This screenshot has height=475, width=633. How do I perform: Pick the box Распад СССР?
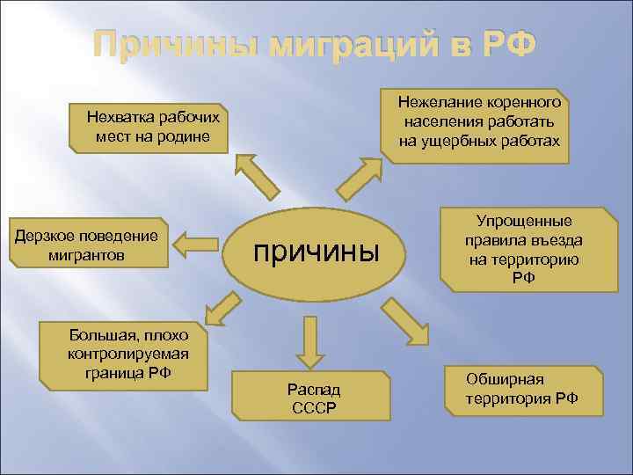(313, 398)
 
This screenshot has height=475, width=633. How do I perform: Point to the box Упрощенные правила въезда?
(523, 250)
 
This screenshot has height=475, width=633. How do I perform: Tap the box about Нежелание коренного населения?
(479, 122)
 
